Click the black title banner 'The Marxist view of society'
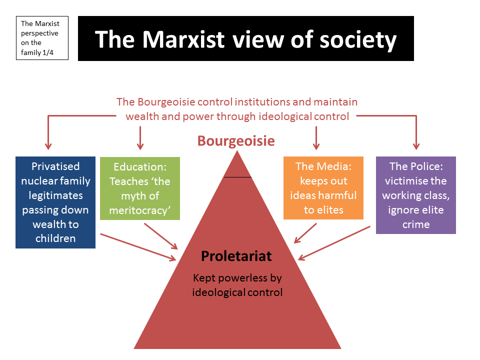[246, 38]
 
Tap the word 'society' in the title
[358, 40]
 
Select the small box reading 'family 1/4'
[42, 38]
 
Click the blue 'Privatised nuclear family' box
[55, 202]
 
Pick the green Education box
[140, 188]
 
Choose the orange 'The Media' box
[323, 188]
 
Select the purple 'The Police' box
[415, 195]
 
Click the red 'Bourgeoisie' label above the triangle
[236, 141]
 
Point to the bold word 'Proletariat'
[236, 256]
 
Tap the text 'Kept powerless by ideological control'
[237, 285]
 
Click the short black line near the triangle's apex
[237, 177]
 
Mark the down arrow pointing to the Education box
[140, 138]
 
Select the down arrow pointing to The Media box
[316, 138]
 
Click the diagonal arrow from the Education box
[161, 236]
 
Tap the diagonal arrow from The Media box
[305, 233]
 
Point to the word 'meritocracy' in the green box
[138, 210]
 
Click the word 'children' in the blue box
[55, 238]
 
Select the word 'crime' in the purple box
[416, 224]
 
